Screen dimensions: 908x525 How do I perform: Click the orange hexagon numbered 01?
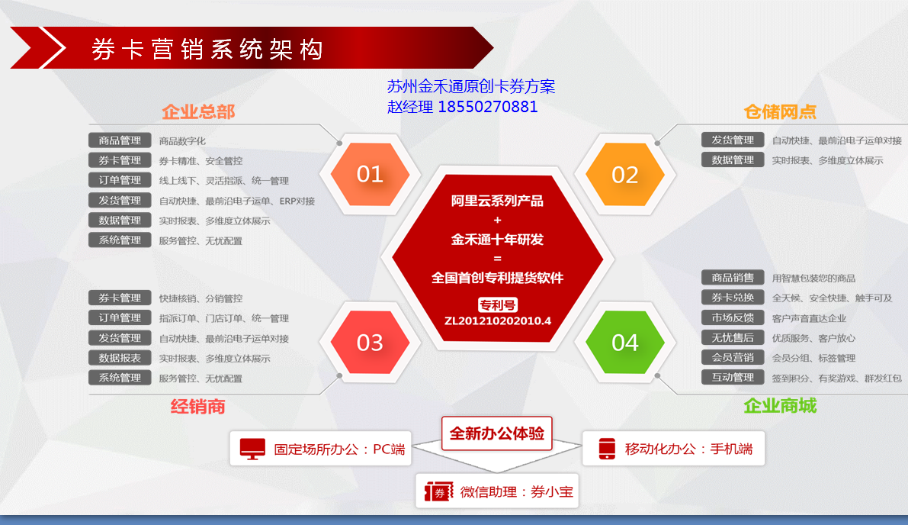tap(370, 175)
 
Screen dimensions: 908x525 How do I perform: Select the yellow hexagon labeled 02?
tap(625, 175)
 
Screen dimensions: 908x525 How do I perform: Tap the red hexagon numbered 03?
tap(370, 343)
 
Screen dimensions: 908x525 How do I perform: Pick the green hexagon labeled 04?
tap(625, 343)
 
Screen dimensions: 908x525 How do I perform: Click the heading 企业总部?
tap(198, 111)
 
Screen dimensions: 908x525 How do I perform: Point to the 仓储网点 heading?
tap(780, 111)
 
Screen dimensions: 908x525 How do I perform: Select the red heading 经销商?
tap(198, 406)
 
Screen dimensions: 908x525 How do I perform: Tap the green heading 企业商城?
tap(780, 406)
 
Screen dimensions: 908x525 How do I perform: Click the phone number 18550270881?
tap(488, 107)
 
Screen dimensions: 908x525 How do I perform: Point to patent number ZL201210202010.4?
tap(497, 321)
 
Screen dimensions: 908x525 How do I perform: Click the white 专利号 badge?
tap(497, 304)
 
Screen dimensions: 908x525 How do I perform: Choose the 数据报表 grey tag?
tap(120, 358)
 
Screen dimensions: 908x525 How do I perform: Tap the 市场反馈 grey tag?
tap(733, 317)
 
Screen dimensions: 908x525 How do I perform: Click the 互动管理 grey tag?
tap(733, 377)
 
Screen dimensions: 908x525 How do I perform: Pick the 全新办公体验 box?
tap(497, 433)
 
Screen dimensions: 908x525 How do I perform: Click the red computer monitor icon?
tap(252, 449)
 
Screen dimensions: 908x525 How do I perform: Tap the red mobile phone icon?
tap(607, 449)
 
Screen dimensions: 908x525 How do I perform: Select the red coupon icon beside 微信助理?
tap(438, 492)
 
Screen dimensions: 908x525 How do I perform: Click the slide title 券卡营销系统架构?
tap(207, 50)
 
